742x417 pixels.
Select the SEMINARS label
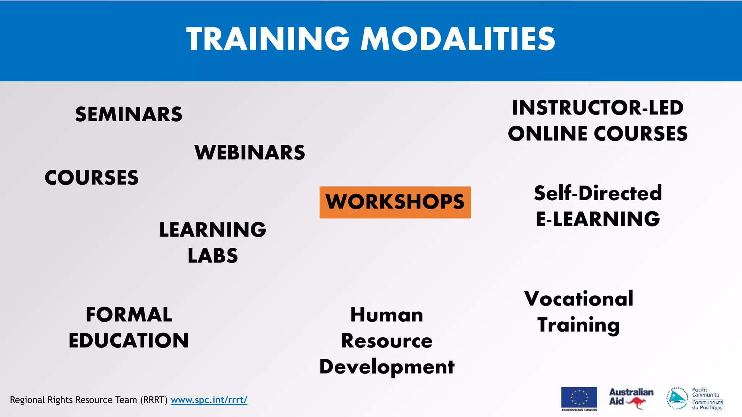(129, 114)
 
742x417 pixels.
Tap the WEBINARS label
(250, 152)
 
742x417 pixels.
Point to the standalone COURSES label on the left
(92, 178)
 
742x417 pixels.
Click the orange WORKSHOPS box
(395, 202)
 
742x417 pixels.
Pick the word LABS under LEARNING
(213, 256)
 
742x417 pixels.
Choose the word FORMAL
(129, 315)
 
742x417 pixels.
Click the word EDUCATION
(129, 341)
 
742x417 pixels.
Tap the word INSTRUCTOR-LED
(597, 108)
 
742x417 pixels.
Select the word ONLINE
(547, 134)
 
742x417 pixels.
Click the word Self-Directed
(598, 193)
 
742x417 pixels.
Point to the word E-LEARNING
(598, 219)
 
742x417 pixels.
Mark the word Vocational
(579, 299)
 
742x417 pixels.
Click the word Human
(387, 315)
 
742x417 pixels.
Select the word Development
(387, 367)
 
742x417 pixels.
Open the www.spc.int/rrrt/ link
(209, 400)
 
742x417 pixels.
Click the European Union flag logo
(579, 397)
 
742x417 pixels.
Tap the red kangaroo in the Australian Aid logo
(636, 402)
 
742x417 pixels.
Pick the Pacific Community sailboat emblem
(677, 398)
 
